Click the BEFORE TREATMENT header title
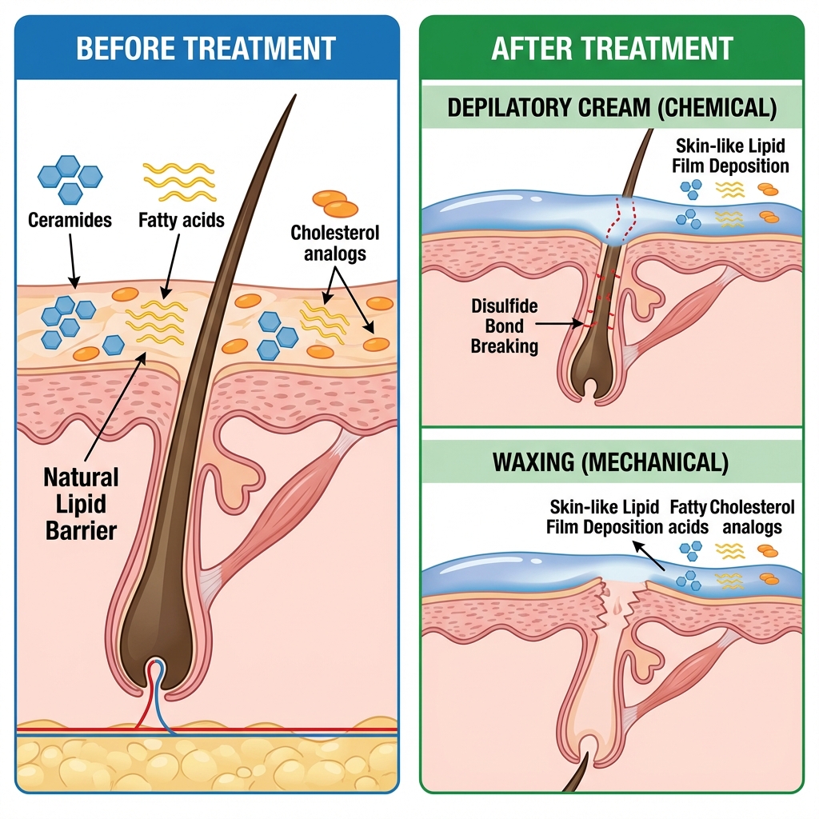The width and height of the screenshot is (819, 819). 206,48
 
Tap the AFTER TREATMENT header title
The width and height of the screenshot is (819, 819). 612,48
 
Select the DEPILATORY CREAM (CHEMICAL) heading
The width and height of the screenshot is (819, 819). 612,109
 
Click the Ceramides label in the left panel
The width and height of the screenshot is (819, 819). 70,219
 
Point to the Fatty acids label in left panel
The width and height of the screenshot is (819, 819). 181,219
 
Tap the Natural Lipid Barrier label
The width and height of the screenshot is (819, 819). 81,504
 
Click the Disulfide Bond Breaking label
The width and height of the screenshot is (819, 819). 505,326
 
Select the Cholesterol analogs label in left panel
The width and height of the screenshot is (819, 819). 334,243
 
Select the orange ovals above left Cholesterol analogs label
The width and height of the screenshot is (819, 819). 335,203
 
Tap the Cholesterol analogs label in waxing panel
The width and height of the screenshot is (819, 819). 752,517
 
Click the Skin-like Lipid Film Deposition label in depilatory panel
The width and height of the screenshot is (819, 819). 731,156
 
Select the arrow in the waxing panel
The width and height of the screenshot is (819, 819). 649,554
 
